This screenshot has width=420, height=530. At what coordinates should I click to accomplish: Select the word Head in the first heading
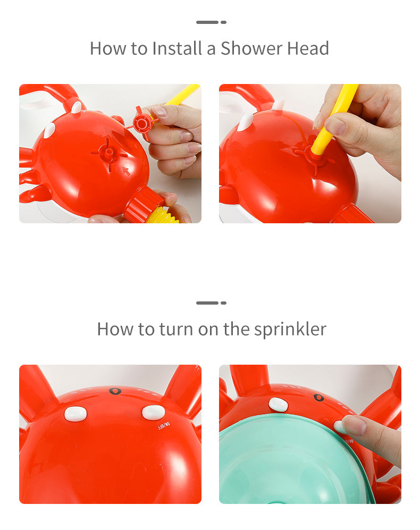pos(308,48)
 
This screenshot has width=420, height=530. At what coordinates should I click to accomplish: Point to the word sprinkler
pos(290,330)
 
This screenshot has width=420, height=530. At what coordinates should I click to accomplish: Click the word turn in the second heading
pos(176,329)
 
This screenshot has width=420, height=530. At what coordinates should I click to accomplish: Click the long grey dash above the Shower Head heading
pos(207,22)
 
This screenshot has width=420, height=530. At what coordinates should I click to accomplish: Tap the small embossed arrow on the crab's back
pos(126,171)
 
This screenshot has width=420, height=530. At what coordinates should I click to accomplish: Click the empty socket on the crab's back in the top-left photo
pos(108,154)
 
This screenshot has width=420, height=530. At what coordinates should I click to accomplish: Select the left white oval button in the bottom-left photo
pos(75,414)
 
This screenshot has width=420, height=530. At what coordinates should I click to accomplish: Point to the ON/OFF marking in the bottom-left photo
pos(164,426)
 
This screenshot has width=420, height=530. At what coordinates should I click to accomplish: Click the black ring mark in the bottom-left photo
pos(115,391)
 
